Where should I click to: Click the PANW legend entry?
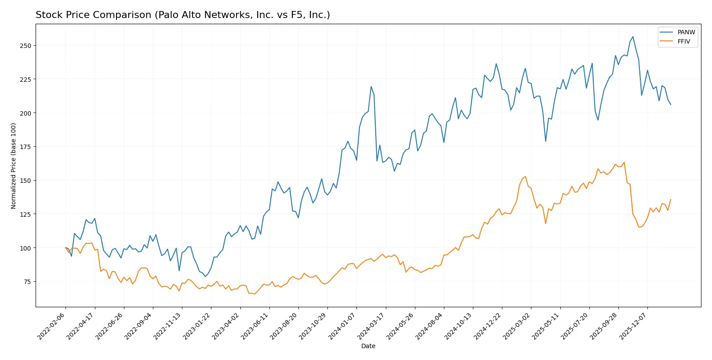pyautogui.click(x=686, y=32)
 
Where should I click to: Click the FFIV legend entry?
pyautogui.click(x=683, y=41)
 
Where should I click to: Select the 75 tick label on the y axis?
pyautogui.click(x=27, y=282)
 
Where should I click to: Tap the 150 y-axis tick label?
pyautogui.click(x=25, y=181)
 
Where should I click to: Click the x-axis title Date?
pyautogui.click(x=368, y=346)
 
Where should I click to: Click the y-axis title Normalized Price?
pyautogui.click(x=13, y=166)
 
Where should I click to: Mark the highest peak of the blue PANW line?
pyautogui.click(x=632, y=36)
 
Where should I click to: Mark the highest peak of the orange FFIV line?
pyautogui.click(x=624, y=162)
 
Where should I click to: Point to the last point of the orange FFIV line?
pyautogui.click(x=671, y=199)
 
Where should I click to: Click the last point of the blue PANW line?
pyautogui.click(x=671, y=105)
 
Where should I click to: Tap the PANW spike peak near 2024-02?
pyautogui.click(x=371, y=87)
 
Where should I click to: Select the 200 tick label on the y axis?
pyautogui.click(x=25, y=113)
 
